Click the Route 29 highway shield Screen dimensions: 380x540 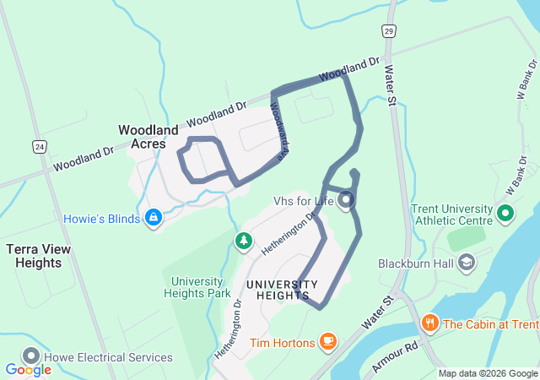coord(387,31)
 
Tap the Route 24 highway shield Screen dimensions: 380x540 coord(40,146)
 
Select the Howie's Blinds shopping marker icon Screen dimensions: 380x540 coord(153,219)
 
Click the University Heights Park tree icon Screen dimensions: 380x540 coord(244,242)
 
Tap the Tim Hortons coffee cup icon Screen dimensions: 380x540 coord(327,342)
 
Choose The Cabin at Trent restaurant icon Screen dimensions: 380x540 coord(430,323)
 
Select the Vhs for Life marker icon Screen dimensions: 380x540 coord(346,200)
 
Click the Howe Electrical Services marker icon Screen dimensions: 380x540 coord(32,357)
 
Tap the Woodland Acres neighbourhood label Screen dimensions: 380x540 coord(148,137)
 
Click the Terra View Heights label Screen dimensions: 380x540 coord(39,256)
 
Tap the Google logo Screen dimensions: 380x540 coord(28,369)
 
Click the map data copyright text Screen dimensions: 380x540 coord(487,373)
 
